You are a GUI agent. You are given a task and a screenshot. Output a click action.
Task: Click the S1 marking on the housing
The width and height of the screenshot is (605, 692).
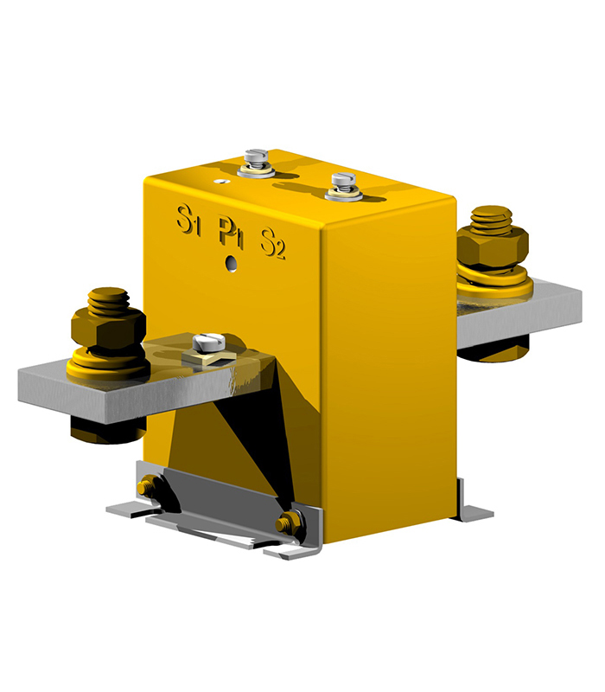pos(189,220)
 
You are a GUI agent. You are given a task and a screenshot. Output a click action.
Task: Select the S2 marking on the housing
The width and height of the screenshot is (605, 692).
pos(273,243)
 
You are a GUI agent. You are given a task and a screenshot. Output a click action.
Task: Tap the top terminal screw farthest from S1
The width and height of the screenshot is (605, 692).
pos(343,183)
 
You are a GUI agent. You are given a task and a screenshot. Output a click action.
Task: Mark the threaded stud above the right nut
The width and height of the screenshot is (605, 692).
pos(491,218)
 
